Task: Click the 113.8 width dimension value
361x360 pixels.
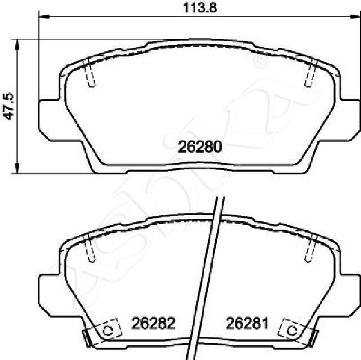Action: [x=200, y=8]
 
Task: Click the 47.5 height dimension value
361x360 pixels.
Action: [x=9, y=106]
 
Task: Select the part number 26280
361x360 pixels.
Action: [x=200, y=147]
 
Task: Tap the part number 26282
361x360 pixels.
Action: [x=153, y=323]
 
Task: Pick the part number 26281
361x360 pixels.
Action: [x=247, y=323]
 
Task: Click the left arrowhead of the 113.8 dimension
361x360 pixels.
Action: [x=44, y=16]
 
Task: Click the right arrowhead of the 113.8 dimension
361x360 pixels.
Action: [x=355, y=16]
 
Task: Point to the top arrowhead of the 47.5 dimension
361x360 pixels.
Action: [x=17, y=45]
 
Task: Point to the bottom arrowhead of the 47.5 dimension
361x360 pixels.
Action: [x=17, y=168]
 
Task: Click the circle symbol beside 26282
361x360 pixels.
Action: [x=108, y=331]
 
